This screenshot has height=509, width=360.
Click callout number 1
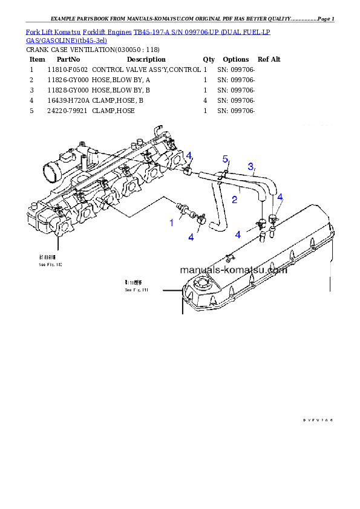point(171,223)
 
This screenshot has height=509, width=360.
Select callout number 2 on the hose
point(235,199)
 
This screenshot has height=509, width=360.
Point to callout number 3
point(250,166)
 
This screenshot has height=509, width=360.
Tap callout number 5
point(226,159)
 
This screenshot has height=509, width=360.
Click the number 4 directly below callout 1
point(191,238)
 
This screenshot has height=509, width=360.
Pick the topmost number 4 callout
point(189,156)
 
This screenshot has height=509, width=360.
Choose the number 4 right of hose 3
point(280,197)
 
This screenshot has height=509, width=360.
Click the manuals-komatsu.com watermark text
point(234,270)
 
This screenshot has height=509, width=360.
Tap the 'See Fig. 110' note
point(50,265)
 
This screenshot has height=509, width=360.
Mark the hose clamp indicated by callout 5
point(222,175)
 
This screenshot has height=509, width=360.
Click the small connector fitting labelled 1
point(182,209)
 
